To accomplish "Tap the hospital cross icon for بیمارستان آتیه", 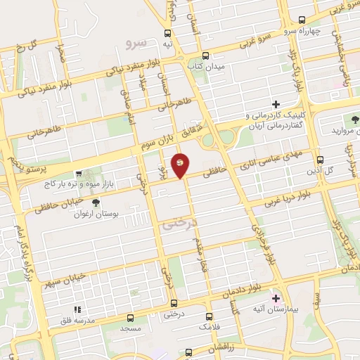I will (x=276, y=299).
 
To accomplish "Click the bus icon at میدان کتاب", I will (x=205, y=56).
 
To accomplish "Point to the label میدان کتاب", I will (x=205, y=66).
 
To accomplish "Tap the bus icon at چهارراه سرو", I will (x=302, y=20).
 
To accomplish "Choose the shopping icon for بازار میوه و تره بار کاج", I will (x=79, y=172).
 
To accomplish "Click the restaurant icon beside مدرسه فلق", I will (x=79, y=309).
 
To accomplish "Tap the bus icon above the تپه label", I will (x=167, y=32).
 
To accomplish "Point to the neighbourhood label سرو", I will (x=135, y=44).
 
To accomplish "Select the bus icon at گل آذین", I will (x=321, y=160).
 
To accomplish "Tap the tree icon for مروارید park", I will (x=355, y=120).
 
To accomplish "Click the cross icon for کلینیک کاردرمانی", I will (x=276, y=104).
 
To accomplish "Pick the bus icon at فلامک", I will (x=209, y=317).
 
